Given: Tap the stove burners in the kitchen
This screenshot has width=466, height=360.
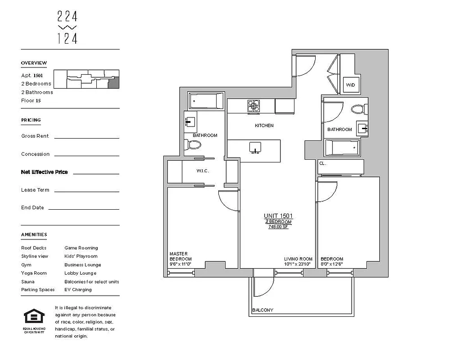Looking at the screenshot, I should click(x=253, y=106).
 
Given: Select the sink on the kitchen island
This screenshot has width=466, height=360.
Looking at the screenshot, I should click(x=255, y=148).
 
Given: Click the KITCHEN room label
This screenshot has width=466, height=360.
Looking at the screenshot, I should click(x=264, y=126).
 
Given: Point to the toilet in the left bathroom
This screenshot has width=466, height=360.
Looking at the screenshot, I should click(x=194, y=144).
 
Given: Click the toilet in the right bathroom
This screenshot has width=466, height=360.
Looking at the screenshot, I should click(x=358, y=109).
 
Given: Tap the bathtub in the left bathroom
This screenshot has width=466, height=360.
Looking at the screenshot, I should click(x=206, y=101).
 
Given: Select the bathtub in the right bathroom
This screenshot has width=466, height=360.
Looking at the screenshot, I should click(x=343, y=147).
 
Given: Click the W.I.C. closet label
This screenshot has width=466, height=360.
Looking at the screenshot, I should click(x=203, y=171).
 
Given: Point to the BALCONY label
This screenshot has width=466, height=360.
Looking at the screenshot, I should click(x=262, y=310).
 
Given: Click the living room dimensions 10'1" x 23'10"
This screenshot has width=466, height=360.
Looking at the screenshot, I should click(x=298, y=264).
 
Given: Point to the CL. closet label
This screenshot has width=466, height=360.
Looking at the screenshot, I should click(x=322, y=163).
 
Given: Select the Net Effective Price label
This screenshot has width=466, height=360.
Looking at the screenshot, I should click(x=44, y=172).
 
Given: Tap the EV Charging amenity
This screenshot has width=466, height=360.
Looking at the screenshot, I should click(x=78, y=290).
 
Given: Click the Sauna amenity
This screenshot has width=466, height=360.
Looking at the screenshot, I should click(x=27, y=282).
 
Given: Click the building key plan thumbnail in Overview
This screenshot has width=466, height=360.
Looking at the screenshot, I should click(x=86, y=79).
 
